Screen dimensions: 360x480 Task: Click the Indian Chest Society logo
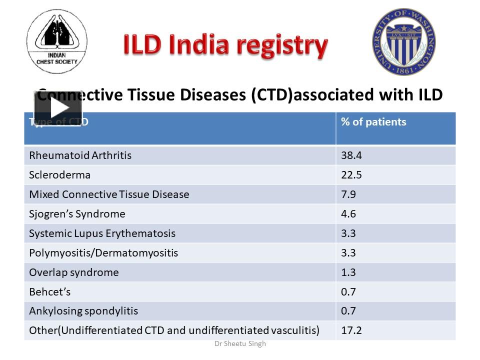tap(57, 41)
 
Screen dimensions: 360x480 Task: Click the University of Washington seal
tap(403, 41)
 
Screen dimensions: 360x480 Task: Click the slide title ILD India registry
tap(225, 45)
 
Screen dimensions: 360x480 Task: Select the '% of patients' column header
tap(373, 122)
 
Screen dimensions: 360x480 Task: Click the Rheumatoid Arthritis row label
tap(80, 155)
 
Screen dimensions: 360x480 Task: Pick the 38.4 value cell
tap(351, 155)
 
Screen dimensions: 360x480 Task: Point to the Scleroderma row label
tap(59, 175)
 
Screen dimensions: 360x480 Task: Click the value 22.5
tap(351, 175)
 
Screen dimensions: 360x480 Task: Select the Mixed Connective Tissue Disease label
tap(109, 194)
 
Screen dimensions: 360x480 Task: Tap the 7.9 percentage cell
tap(348, 194)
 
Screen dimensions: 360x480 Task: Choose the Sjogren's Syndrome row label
tap(77, 214)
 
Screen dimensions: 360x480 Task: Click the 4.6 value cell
tap(348, 214)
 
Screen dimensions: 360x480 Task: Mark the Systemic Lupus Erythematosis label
tap(102, 233)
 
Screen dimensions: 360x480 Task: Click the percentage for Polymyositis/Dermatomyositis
tap(348, 253)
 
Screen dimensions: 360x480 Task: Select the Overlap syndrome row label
tap(74, 272)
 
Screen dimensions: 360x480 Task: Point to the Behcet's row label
tap(50, 291)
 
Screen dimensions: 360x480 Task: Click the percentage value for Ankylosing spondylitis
tap(348, 311)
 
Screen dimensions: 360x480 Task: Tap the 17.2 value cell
tap(351, 330)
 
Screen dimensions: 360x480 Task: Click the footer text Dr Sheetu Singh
tap(240, 344)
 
